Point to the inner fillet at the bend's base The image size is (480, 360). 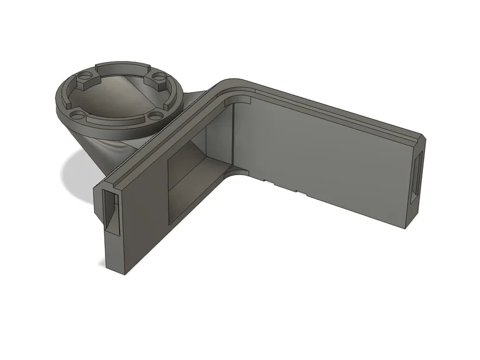click(x=239, y=171)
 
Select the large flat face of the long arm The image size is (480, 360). click(x=323, y=150)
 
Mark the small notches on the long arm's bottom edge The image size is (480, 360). click(x=282, y=185)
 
